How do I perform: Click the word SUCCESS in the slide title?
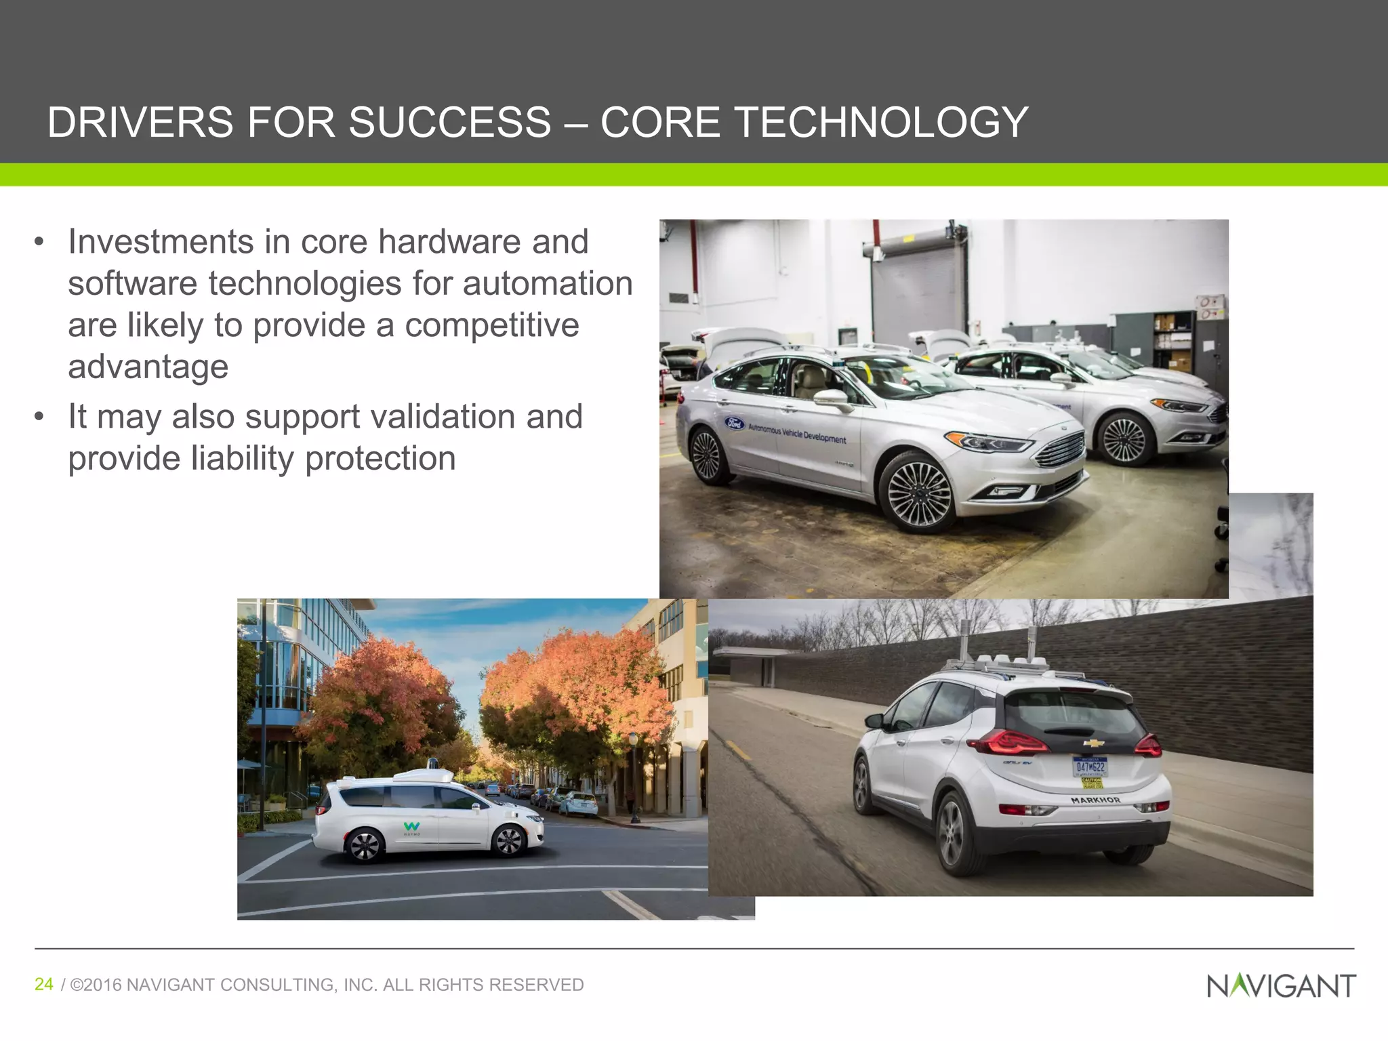pos(449,123)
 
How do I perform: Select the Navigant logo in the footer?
pos(1281,986)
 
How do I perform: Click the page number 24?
pos(44,984)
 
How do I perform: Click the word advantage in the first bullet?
pos(148,367)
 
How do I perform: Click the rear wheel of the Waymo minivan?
pos(364,845)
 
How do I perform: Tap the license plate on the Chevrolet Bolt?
pos(1089,767)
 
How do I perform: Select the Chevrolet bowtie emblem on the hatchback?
pos(1094,743)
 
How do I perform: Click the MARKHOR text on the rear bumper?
pos(1095,800)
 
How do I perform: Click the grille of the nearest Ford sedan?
pos(1059,449)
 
